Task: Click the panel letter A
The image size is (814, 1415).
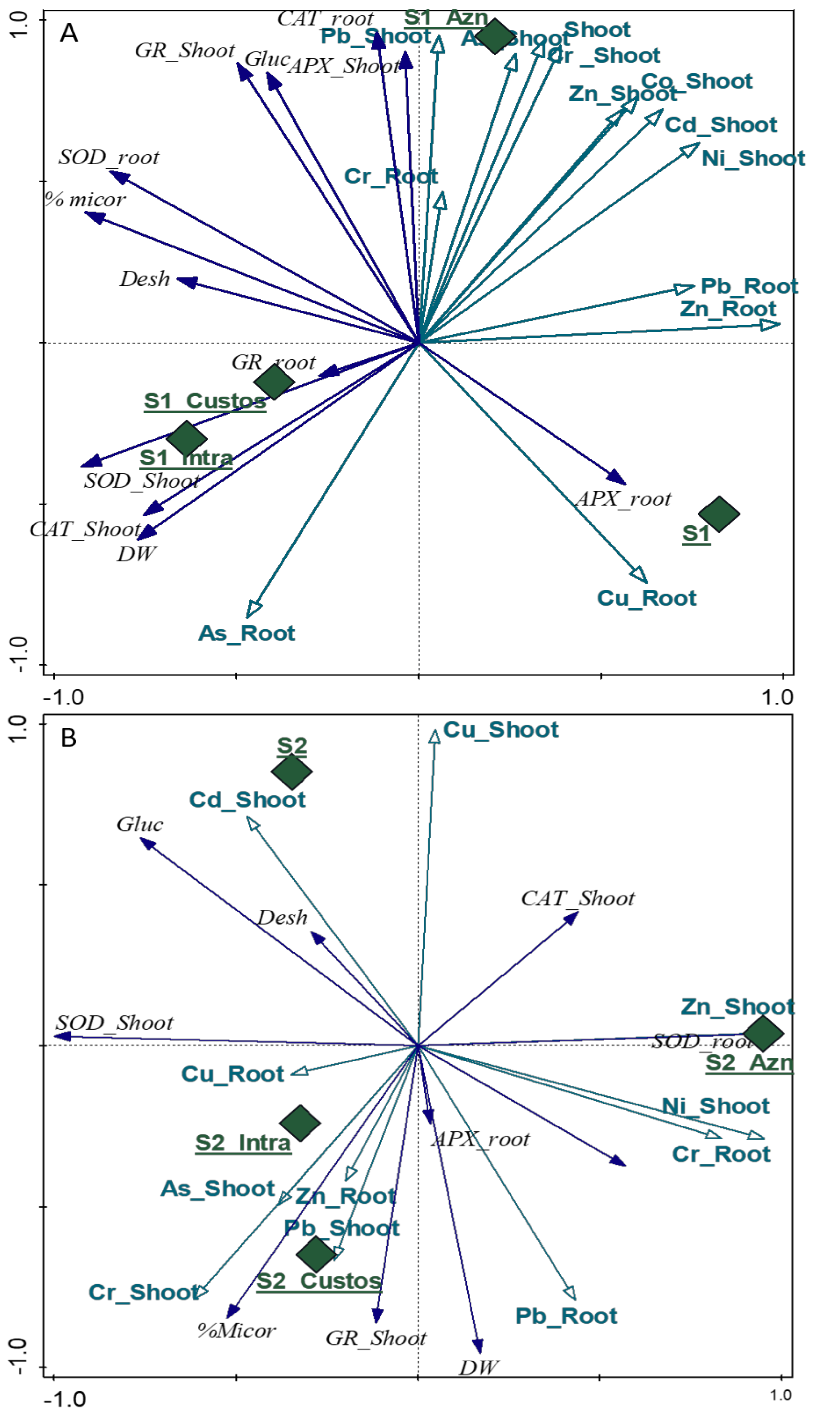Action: (x=69, y=33)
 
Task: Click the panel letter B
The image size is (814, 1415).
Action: (x=68, y=738)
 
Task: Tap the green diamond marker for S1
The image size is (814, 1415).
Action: (x=719, y=513)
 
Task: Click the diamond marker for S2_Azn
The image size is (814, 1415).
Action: (x=762, y=1034)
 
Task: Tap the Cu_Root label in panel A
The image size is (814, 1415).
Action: (x=646, y=598)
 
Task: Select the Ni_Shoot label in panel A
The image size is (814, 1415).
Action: (x=753, y=159)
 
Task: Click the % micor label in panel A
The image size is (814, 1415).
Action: (x=85, y=200)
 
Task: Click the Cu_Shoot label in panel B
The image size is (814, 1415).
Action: (x=500, y=730)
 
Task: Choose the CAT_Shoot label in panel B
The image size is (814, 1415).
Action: (x=577, y=899)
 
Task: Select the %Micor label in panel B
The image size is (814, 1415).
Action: (x=237, y=1331)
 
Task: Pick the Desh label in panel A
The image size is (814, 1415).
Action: (x=144, y=279)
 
